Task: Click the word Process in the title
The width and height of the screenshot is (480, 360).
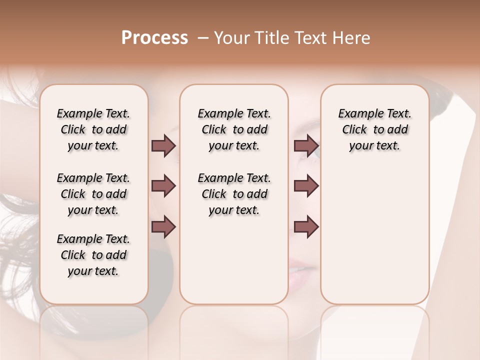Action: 154,38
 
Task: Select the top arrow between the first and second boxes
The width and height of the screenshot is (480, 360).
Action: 163,145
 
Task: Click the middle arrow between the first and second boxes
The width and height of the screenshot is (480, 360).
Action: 163,186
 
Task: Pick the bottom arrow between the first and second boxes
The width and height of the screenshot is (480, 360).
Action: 163,226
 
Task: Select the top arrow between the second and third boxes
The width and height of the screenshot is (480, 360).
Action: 306,145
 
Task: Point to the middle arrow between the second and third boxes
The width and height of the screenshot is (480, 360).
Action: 306,186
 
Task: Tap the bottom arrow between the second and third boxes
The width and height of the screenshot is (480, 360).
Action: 306,226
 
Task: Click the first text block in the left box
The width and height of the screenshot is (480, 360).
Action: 93,129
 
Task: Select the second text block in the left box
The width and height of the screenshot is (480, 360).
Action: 93,194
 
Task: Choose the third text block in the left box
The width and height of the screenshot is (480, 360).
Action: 93,255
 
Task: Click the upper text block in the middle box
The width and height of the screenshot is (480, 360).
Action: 234,129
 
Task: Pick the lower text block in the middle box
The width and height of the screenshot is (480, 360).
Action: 234,194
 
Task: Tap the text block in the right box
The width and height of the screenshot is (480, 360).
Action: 374,129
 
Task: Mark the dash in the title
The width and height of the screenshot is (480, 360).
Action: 202,38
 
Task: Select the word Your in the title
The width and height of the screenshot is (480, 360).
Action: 231,38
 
